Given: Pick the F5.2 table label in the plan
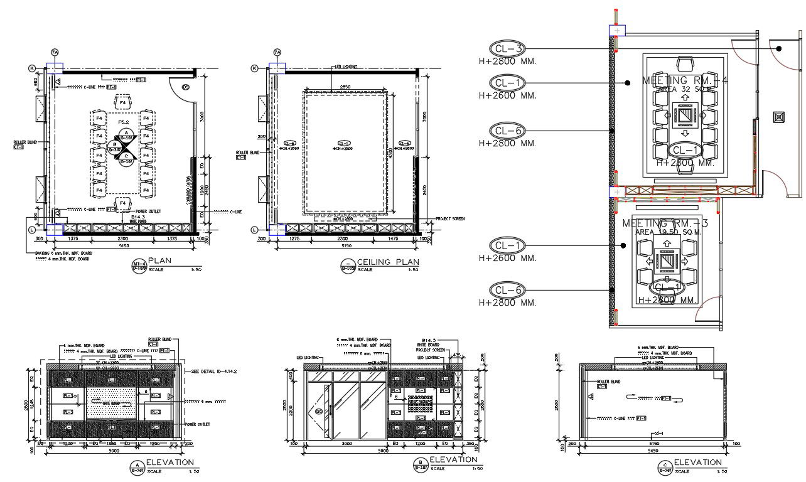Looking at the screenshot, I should point(123,122).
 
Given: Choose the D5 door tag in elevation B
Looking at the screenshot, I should point(318,411).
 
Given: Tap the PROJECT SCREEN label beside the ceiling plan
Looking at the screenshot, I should point(450,218).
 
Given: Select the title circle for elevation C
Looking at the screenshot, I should point(665,466).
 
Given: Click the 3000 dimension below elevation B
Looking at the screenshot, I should point(347,443).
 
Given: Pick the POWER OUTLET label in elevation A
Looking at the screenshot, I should point(197,425).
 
